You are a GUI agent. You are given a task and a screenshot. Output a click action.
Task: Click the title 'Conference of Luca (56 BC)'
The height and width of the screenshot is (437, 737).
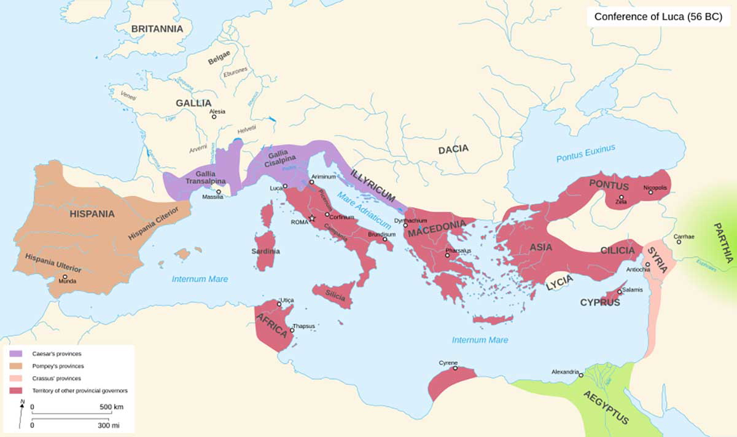pos(658,16)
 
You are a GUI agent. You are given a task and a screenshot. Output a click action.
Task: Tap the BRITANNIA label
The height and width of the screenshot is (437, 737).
pos(157,29)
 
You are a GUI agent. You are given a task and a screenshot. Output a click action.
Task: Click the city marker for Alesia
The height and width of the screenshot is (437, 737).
pos(214,117)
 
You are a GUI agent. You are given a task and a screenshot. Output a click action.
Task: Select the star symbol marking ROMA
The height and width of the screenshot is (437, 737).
pos(312,218)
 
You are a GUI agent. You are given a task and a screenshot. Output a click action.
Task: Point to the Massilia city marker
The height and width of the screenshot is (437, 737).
pos(219,192)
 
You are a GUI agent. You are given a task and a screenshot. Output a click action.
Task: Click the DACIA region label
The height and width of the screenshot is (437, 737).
pos(453,149)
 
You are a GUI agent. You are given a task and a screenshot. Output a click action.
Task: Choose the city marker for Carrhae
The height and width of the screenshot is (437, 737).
pos(679,242)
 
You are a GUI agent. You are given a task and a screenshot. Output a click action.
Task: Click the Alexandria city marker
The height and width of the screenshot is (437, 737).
pos(581,375)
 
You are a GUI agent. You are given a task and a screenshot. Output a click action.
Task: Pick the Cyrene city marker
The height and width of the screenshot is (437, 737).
pos(455,369)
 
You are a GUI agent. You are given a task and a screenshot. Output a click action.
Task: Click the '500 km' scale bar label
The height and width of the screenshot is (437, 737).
pos(111,407)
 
